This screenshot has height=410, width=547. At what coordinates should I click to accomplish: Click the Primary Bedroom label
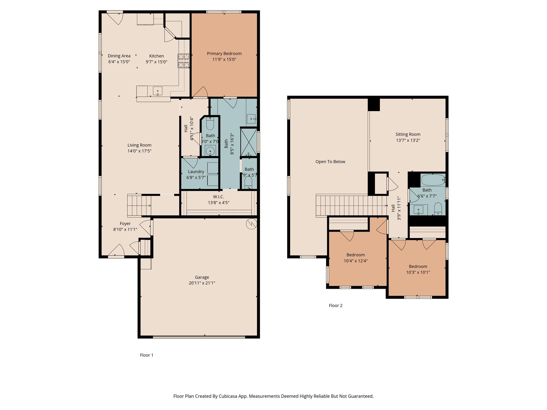pos(224,54)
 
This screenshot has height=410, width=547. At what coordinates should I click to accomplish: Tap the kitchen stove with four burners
pos(183,61)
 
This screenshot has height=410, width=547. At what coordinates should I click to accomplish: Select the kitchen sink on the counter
pos(158,91)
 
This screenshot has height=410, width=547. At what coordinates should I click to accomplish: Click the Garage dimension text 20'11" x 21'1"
pos(202,283)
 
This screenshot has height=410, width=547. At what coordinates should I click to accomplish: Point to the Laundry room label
pos(196,172)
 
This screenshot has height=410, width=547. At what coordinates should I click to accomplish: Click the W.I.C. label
pos(218,197)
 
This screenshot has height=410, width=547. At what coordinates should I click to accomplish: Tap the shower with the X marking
pos(249,142)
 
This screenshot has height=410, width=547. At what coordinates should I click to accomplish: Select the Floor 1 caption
pos(147,355)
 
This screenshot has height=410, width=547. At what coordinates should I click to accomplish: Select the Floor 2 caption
pos(335,306)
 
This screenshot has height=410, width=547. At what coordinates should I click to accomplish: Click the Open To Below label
pos(330,161)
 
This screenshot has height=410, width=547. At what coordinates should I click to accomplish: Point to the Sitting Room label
pos(408,134)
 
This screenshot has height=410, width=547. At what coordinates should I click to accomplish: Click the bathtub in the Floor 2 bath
pos(433,180)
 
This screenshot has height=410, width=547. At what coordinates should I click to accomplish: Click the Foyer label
pos(125,223)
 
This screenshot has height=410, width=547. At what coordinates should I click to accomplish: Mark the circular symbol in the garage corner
pos(251,224)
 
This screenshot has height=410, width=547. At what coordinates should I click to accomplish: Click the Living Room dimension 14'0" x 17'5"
pos(139,151)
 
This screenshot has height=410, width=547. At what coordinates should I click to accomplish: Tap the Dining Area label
pos(119,56)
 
